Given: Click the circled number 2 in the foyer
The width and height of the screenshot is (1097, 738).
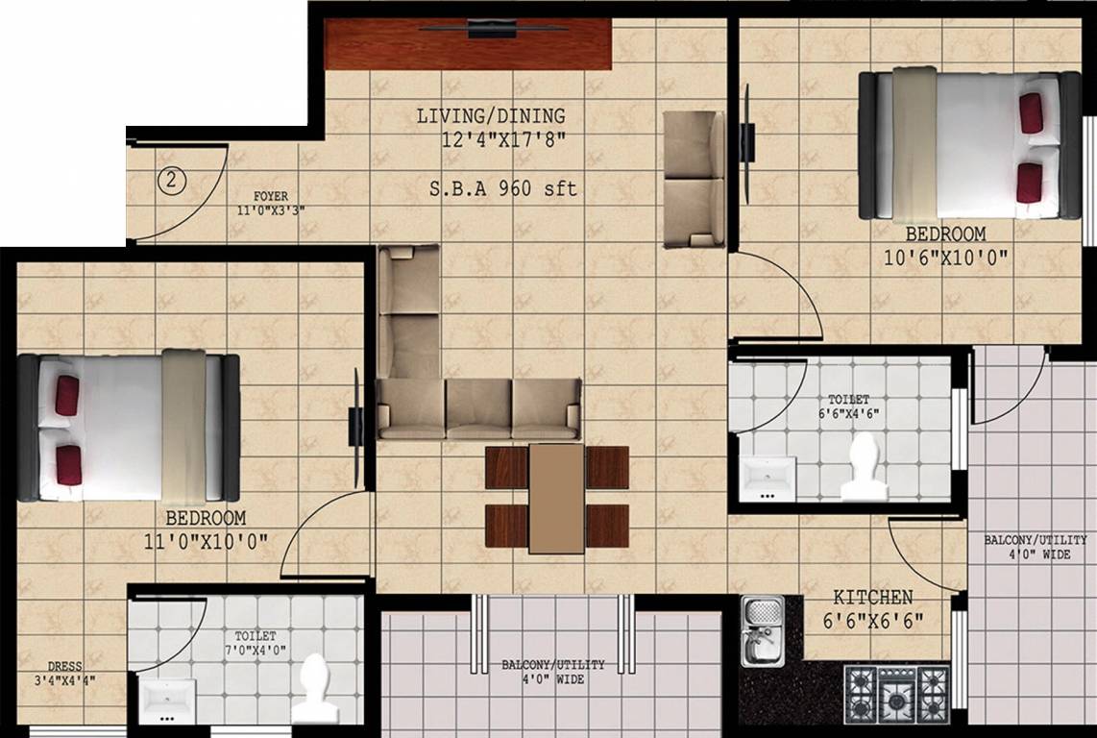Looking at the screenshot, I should tap(170, 179).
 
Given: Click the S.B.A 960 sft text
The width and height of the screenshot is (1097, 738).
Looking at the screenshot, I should tap(503, 188).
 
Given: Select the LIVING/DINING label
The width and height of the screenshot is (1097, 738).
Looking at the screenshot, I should tap(491, 116).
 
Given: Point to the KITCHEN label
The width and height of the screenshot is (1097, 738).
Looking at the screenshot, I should tap(872, 597).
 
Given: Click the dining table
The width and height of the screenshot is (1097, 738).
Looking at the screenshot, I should tap(556, 498).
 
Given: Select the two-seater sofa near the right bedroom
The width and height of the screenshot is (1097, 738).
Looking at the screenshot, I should tap(694, 178).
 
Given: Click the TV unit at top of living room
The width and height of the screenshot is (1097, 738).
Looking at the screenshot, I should tap(468, 43).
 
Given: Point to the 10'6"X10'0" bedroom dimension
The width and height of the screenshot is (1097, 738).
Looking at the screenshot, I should tap(946, 256).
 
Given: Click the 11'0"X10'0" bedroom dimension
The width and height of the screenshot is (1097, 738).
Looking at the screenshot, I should tap(205, 540).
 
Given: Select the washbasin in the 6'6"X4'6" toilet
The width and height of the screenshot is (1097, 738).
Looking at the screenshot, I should tap(768, 477).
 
